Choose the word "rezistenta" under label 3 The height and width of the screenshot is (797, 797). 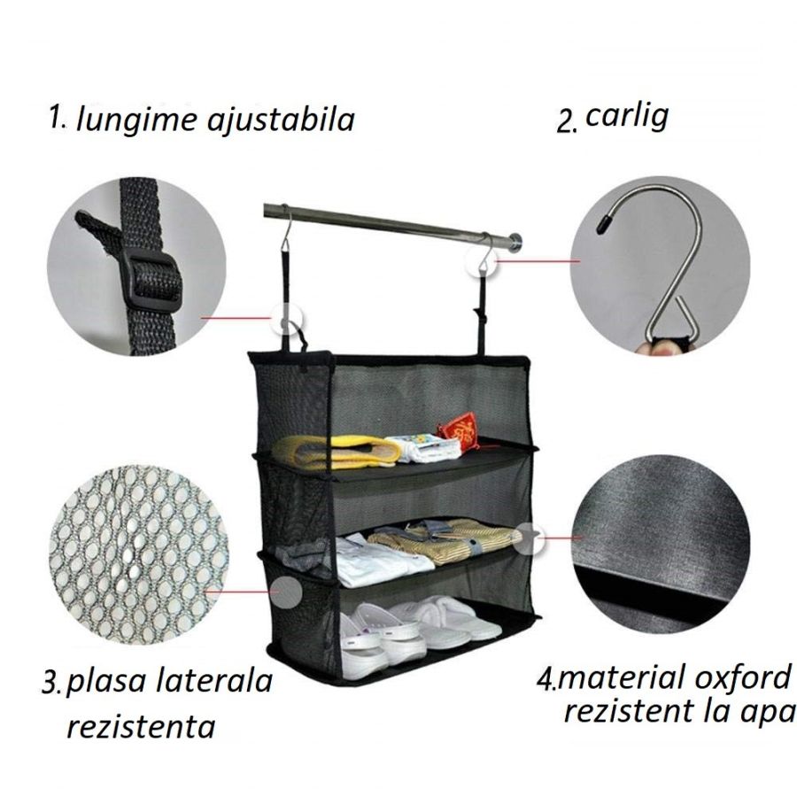tap(141, 728)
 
